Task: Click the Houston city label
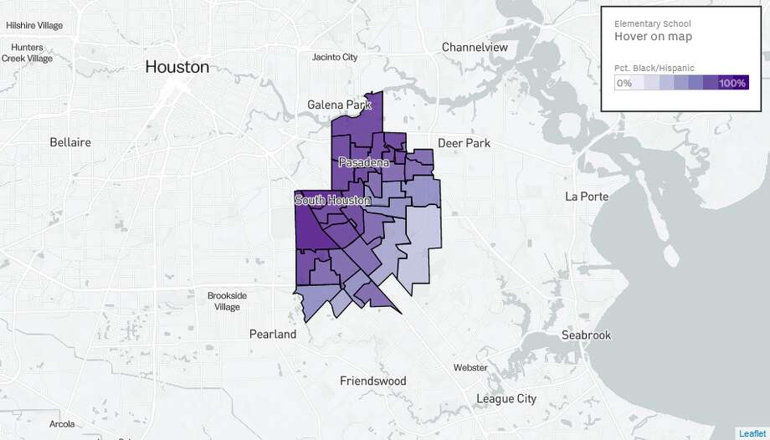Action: click(177, 66)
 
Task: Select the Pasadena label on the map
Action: click(364, 163)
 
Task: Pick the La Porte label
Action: click(586, 197)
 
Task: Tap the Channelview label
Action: click(475, 47)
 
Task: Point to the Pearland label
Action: click(273, 334)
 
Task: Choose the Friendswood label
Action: click(372, 381)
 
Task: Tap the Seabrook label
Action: click(586, 335)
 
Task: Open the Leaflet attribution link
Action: click(752, 432)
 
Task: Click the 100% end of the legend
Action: click(731, 83)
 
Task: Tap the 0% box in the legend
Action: click(624, 83)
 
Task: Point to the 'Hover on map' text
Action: click(653, 37)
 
